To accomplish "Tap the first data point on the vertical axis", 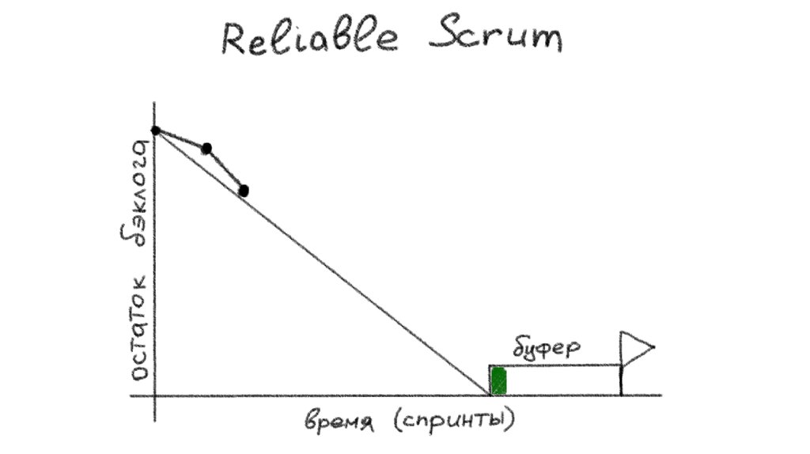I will pos(156,130).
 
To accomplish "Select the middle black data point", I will pos(206,148).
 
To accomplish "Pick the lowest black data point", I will pos(244,190).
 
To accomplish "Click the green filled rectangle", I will pos(498,380).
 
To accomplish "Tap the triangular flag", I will pos(636,346).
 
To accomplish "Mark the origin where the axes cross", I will pos(156,395).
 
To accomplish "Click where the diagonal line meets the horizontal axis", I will pos(490,395).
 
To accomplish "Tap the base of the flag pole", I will pos(622,394).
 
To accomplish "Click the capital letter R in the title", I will pos(235,38).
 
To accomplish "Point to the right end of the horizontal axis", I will pos(660,395).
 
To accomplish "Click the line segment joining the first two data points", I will pos(181,139).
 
